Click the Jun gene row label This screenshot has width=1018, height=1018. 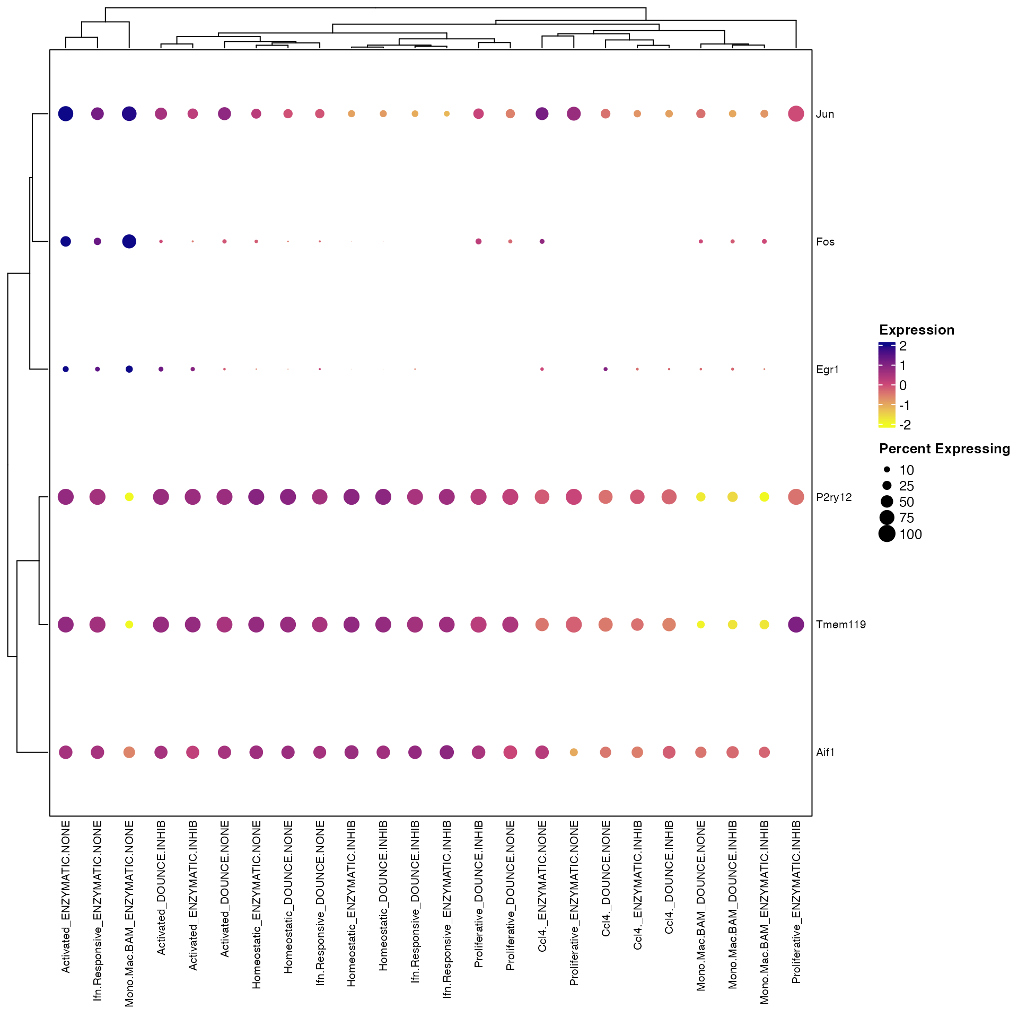point(825,114)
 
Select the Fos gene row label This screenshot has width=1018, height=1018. point(825,242)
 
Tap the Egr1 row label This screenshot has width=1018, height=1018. point(827,370)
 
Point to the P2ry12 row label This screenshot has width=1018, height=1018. point(833,497)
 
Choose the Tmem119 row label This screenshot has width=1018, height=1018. point(840,625)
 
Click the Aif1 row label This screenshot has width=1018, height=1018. point(825,752)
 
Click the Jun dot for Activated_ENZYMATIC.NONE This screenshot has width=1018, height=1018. point(66,113)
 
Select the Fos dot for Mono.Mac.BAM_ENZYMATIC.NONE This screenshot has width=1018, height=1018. point(129,241)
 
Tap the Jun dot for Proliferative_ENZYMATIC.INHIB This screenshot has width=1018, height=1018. point(796,113)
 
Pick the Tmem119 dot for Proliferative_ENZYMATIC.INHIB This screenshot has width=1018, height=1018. point(796,625)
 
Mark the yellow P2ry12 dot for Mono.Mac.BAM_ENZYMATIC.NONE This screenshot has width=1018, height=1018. point(129,497)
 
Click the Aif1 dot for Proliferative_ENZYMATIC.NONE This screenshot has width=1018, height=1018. point(574,752)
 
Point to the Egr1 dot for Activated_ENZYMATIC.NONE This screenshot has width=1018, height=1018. point(66,369)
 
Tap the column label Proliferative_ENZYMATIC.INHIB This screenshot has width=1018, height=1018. point(796,902)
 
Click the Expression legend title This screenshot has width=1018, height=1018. point(917,330)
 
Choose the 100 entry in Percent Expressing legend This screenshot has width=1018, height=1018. point(910,534)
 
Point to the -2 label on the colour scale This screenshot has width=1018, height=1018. point(905,425)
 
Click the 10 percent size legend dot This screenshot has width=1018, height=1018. point(887,470)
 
